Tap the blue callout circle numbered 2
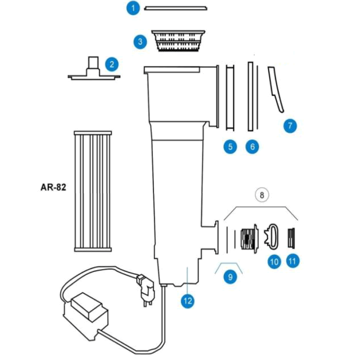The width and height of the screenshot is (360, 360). [112, 64]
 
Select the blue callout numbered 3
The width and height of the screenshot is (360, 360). [140, 42]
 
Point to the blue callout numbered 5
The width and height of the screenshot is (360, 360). [230, 147]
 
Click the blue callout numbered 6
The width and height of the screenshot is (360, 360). [252, 147]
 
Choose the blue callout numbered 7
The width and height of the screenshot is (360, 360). [290, 126]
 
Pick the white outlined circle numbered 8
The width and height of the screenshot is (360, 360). [262, 195]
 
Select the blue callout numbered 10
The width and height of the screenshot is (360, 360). [274, 261]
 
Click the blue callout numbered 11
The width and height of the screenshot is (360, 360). [292, 261]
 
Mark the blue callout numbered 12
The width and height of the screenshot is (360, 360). [188, 300]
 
